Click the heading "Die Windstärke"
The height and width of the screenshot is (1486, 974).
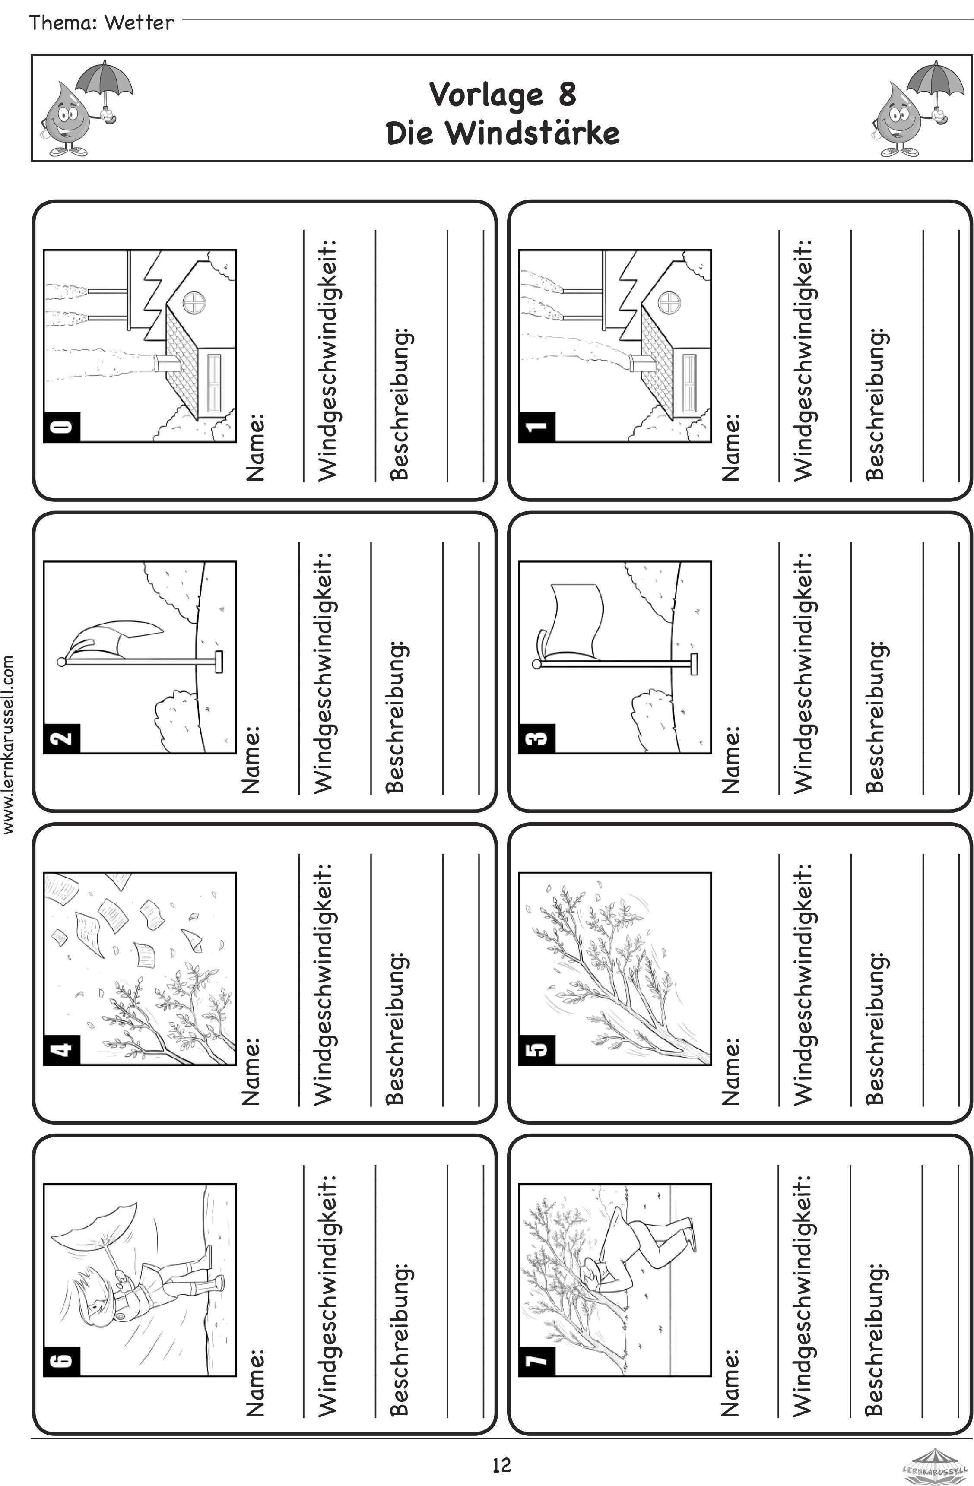[503, 133]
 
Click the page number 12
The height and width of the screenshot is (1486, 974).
[501, 1464]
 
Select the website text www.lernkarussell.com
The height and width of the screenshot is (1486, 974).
[8, 744]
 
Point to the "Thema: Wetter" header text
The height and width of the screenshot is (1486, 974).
[101, 22]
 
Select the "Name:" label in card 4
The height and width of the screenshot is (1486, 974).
[251, 1071]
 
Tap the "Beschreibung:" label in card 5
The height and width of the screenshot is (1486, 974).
[875, 1028]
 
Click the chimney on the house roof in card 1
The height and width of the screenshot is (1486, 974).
[641, 362]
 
